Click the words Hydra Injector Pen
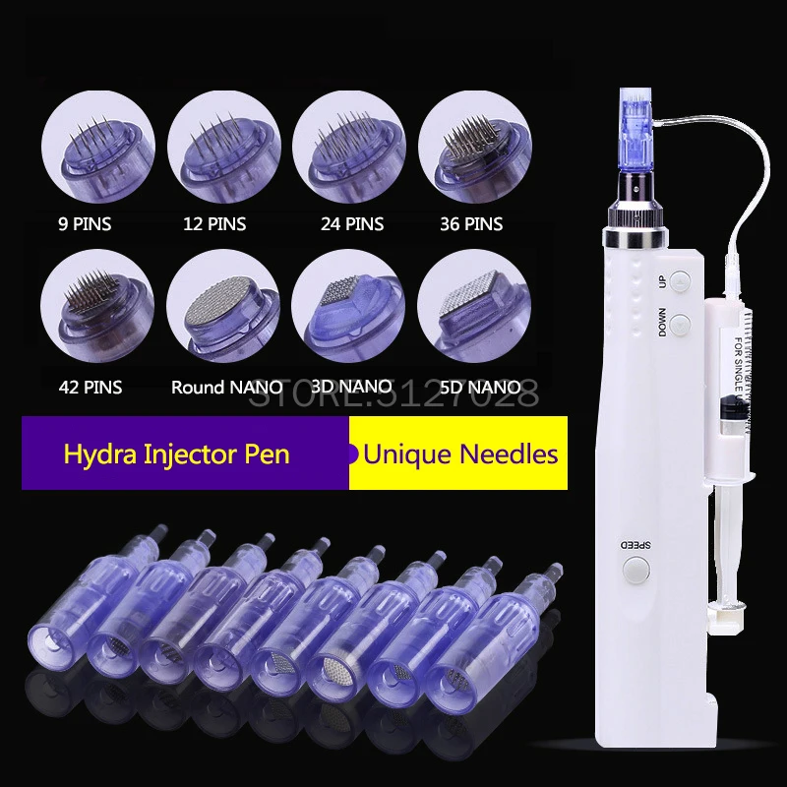point(177,454)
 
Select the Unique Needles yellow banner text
point(460,454)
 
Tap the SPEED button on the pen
point(637,569)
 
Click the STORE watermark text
point(393,395)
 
